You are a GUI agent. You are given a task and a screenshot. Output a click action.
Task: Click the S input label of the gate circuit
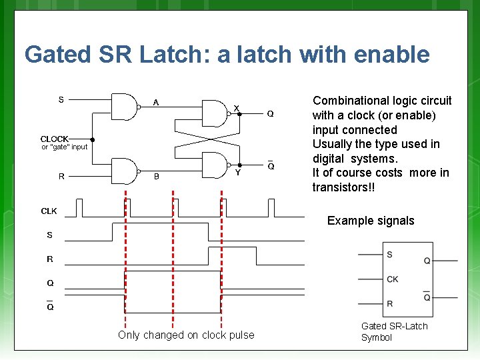pyautogui.click(x=61, y=100)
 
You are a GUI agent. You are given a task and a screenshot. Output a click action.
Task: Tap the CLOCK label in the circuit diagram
pyautogui.click(x=55, y=139)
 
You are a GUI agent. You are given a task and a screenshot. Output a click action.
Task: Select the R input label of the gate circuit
pyautogui.click(x=61, y=177)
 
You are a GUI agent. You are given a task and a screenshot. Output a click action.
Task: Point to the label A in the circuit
pyautogui.click(x=156, y=103)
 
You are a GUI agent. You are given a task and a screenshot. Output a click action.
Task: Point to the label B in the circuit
pyautogui.click(x=157, y=177)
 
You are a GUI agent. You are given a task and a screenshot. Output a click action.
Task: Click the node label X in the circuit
pyautogui.click(x=236, y=109)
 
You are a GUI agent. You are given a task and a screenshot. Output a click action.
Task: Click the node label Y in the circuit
pyautogui.click(x=237, y=172)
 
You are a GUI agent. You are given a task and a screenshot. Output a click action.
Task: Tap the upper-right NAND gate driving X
pyautogui.click(x=214, y=113)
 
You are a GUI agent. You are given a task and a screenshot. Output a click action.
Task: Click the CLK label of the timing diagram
pyautogui.click(x=49, y=211)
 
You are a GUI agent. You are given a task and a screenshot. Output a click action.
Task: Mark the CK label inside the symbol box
pyautogui.click(x=393, y=279)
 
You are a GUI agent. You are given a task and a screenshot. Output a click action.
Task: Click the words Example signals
pyautogui.click(x=371, y=221)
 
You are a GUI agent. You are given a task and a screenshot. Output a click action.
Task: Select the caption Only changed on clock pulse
pyautogui.click(x=186, y=335)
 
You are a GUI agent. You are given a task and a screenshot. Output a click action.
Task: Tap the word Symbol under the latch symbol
pyautogui.click(x=377, y=337)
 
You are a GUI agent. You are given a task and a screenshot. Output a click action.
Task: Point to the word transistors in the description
pyautogui.click(x=339, y=187)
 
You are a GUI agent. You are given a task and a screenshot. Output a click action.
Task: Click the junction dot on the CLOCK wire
pyautogui.click(x=93, y=140)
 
